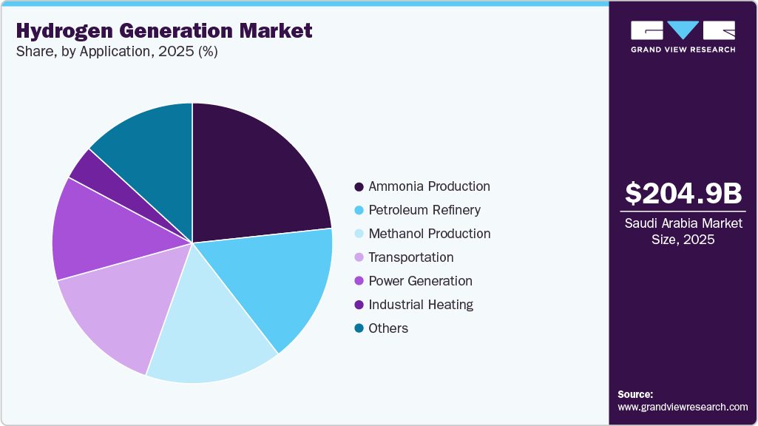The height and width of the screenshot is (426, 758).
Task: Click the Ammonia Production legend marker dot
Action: tap(359, 186)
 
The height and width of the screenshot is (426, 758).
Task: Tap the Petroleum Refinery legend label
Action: tap(424, 210)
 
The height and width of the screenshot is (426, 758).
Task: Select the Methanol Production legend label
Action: tap(429, 234)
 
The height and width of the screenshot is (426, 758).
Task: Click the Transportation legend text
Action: tap(411, 257)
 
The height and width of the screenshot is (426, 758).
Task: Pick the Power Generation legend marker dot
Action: tap(359, 281)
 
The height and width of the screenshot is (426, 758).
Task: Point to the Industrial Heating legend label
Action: tap(421, 305)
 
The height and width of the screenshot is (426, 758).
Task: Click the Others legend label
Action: tap(388, 328)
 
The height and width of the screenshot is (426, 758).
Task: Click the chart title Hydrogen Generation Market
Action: tap(163, 31)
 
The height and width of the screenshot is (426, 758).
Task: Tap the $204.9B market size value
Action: tap(683, 193)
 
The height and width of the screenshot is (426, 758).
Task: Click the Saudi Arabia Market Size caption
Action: tap(683, 231)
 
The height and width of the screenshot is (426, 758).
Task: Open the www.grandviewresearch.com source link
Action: tap(683, 407)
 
